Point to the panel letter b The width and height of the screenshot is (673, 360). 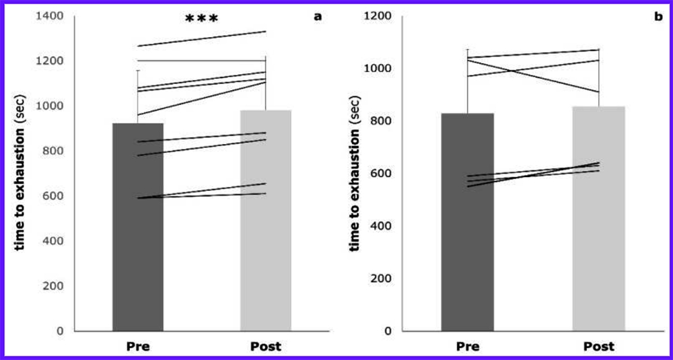[x=658, y=15]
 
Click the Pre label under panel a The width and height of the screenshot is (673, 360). [x=138, y=347]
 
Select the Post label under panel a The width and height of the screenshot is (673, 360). [x=266, y=347]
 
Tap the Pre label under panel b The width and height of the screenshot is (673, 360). [x=468, y=347]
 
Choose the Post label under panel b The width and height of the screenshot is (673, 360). [x=599, y=347]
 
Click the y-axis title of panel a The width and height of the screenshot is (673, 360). [x=20, y=174]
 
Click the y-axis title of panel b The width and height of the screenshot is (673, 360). [x=355, y=174]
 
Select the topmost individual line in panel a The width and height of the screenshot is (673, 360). [x=202, y=38]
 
